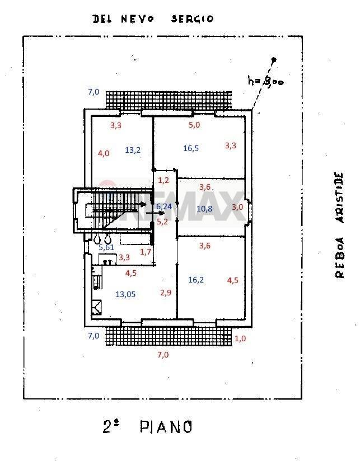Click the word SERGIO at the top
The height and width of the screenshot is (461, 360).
[192, 18]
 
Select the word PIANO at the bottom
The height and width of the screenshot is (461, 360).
[166, 427]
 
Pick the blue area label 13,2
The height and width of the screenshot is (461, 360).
[133, 149]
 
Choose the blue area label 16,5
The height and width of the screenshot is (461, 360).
[191, 148]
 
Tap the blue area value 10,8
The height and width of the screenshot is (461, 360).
[205, 209]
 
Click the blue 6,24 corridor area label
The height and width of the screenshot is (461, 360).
[164, 206]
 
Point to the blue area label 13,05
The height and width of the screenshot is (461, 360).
[126, 294]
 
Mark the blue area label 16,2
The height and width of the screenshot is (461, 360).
[195, 280]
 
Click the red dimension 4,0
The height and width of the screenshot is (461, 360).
[104, 153]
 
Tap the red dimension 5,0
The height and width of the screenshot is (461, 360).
[194, 125]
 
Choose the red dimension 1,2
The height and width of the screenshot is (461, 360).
[163, 180]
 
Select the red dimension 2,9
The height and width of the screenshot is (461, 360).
[166, 292]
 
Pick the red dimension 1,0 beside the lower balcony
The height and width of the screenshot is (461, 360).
[240, 338]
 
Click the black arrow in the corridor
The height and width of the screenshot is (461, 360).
[152, 213]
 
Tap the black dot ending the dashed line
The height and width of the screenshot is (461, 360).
[274, 60]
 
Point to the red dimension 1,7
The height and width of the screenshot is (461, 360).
[146, 252]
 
